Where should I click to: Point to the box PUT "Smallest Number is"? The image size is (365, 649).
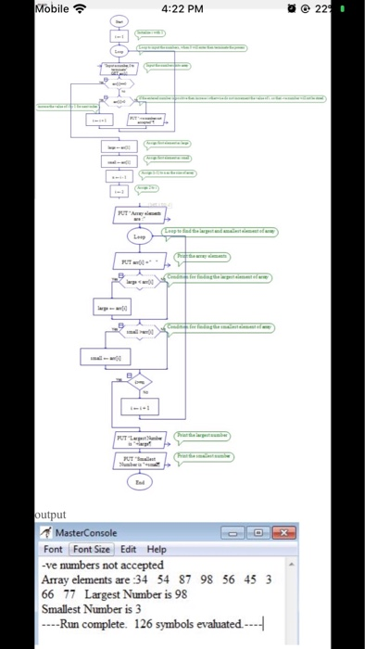[x=138, y=460]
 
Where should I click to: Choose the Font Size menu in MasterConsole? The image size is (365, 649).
[x=92, y=548]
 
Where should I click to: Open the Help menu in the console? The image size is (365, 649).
[x=157, y=548]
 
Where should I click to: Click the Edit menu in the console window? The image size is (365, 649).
[x=129, y=548]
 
